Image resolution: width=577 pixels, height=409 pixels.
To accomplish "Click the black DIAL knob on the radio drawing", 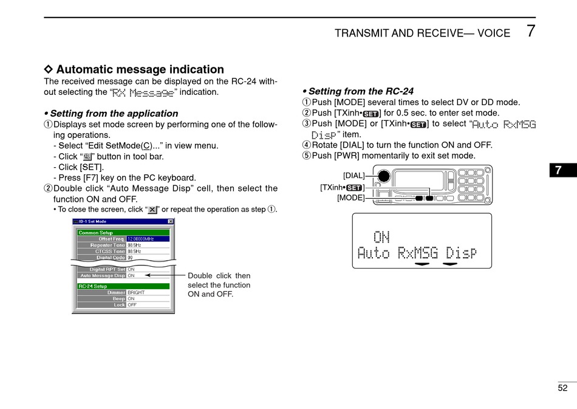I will pyautogui.click(x=383, y=177).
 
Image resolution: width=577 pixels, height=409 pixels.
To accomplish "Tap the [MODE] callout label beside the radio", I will pyautogui.click(x=351, y=198).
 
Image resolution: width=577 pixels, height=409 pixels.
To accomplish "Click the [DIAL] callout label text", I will pyautogui.click(x=354, y=176).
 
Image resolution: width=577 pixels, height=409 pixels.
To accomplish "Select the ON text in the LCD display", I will pyautogui.click(x=381, y=236).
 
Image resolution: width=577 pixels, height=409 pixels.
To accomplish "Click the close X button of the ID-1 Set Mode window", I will pyautogui.click(x=171, y=222).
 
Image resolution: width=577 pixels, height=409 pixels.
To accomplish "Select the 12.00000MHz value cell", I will pyautogui.click(x=148, y=239).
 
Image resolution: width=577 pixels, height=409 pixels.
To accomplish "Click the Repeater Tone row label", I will pyautogui.click(x=108, y=245).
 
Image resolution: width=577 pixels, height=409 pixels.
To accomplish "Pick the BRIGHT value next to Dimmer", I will pyautogui.click(x=136, y=292).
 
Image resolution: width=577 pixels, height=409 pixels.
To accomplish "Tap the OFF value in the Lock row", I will pyautogui.click(x=132, y=305).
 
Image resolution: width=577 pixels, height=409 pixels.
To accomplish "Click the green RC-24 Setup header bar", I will pyautogui.click(x=123, y=286).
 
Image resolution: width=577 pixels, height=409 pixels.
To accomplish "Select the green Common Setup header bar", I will pyautogui.click(x=123, y=232).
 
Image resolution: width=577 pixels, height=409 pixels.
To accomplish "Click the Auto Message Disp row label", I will pyautogui.click(x=103, y=275).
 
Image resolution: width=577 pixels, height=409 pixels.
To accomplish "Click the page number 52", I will pyautogui.click(x=562, y=388).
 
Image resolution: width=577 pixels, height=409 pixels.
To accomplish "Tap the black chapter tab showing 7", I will pyautogui.click(x=562, y=171).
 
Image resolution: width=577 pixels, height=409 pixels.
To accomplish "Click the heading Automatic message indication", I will pyautogui.click(x=140, y=69).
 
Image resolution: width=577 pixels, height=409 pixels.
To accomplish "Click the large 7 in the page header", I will pyautogui.click(x=531, y=31).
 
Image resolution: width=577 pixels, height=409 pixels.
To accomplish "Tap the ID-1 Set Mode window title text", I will pyautogui.click(x=93, y=222).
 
